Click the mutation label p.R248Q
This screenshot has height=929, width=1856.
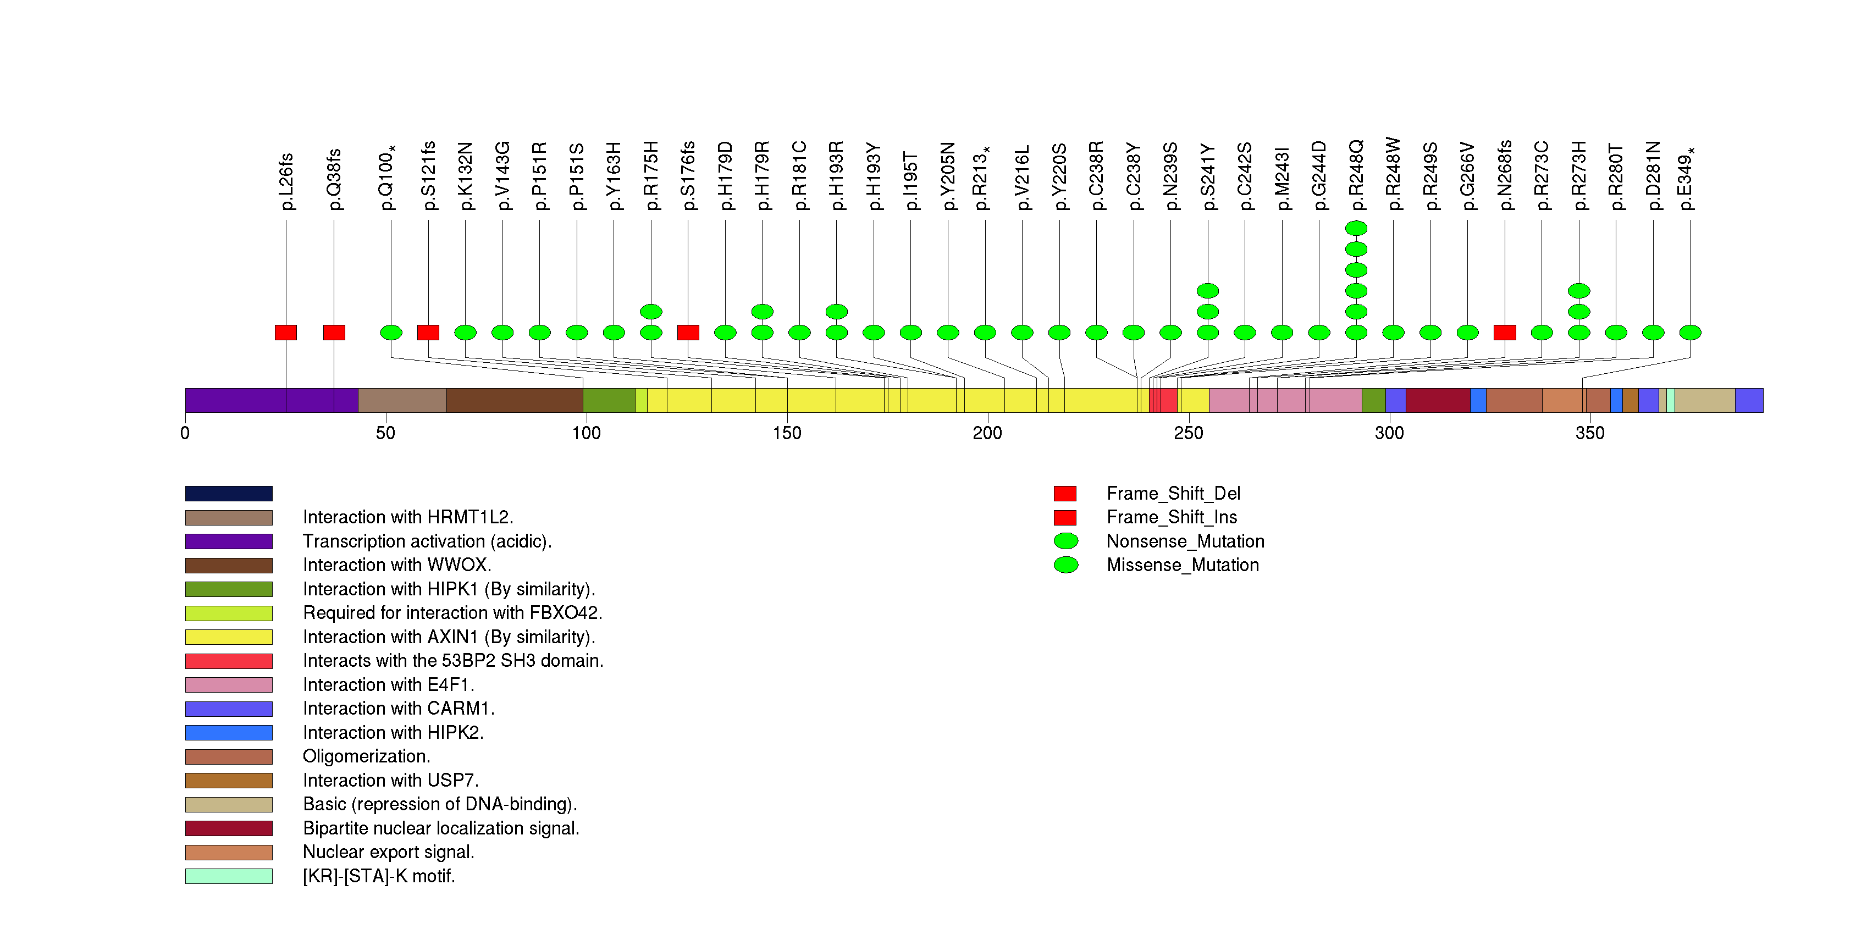click(x=1356, y=175)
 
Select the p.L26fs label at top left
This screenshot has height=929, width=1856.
click(x=286, y=181)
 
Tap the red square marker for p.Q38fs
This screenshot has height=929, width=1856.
click(x=334, y=332)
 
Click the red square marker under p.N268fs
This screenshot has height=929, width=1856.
click(x=1504, y=332)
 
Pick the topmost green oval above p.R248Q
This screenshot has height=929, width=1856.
click(x=1356, y=228)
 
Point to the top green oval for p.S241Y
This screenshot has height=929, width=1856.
click(x=1207, y=291)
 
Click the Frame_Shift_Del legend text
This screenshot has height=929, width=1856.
click(x=1173, y=493)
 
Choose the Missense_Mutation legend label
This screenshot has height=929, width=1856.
click(x=1183, y=565)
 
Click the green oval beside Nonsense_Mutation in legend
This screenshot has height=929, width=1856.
click(x=1065, y=541)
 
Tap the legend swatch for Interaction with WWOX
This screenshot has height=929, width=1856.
click(x=228, y=565)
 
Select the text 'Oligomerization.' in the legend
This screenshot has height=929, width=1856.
click(x=366, y=756)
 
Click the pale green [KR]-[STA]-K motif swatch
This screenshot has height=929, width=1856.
click(x=228, y=876)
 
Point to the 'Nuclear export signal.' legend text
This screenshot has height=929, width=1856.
click(x=388, y=852)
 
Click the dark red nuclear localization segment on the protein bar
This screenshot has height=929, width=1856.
click(x=1438, y=400)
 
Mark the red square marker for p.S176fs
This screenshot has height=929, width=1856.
click(x=688, y=332)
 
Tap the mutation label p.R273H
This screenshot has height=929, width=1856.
click(x=1578, y=175)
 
